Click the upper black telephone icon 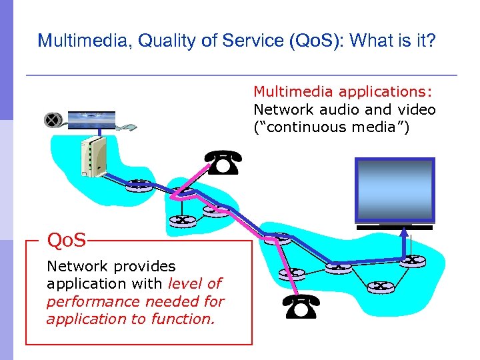pos(224,163)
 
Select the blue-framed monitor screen pos(395,190)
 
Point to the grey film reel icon pos(52,121)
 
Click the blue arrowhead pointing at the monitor pos(404,233)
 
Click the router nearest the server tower pos(141,185)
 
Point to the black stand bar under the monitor pos(395,227)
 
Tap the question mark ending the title pos(431,41)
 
